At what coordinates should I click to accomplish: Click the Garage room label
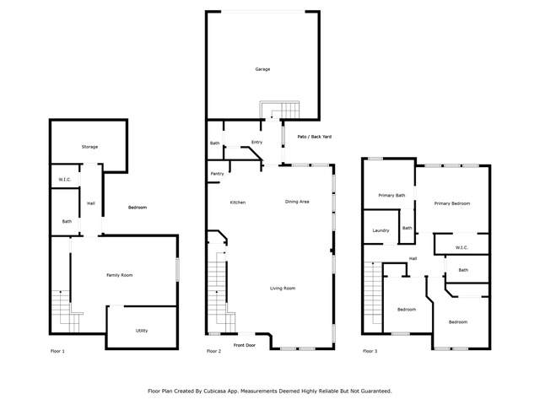[x=262, y=69]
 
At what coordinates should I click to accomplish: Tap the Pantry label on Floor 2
[x=217, y=174]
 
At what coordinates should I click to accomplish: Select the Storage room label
[x=89, y=147]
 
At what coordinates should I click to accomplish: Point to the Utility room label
[x=142, y=331]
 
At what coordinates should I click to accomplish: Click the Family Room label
[x=120, y=275]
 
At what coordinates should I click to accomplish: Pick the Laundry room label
[x=381, y=230]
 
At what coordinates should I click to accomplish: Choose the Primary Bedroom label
[x=452, y=203]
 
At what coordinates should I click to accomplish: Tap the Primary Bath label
[x=391, y=195]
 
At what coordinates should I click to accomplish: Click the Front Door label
[x=245, y=345]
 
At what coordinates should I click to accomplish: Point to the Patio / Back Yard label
[x=315, y=137]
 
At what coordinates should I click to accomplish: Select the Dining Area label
[x=297, y=202]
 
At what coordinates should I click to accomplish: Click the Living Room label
[x=283, y=289]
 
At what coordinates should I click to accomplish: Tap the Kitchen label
[x=238, y=202]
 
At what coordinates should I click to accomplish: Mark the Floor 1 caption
[x=57, y=351]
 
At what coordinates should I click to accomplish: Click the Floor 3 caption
[x=370, y=351]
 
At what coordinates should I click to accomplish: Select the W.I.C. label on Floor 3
[x=462, y=247]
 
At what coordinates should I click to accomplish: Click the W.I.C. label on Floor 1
[x=65, y=180]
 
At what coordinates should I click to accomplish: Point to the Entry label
[x=256, y=142]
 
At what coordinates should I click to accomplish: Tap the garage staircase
[x=279, y=111]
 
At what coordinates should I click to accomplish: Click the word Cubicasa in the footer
[x=214, y=391]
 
